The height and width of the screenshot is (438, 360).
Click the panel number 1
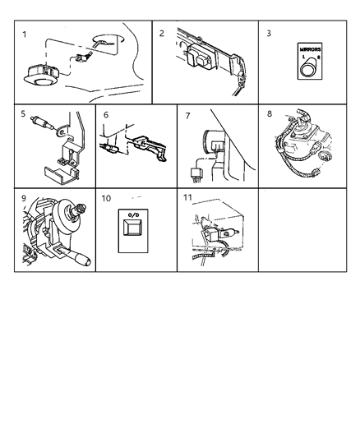(25, 35)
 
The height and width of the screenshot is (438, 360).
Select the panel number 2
(161, 33)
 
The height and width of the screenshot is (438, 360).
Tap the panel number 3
(269, 33)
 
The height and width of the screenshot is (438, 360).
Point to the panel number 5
(23, 113)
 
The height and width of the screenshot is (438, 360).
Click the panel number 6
(106, 115)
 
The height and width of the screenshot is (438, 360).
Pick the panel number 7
(187, 116)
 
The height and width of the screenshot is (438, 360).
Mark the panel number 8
(270, 113)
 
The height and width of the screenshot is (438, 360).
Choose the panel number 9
(24, 198)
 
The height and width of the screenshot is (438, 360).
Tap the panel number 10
(106, 198)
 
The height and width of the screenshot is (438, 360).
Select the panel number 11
(187, 197)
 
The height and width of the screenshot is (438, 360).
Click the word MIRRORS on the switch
(310, 50)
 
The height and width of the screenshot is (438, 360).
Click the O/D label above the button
(133, 215)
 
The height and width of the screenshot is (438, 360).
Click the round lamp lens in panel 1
(43, 82)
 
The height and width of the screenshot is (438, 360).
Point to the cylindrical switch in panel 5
(42, 122)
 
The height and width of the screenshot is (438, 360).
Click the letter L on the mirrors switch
(303, 57)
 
